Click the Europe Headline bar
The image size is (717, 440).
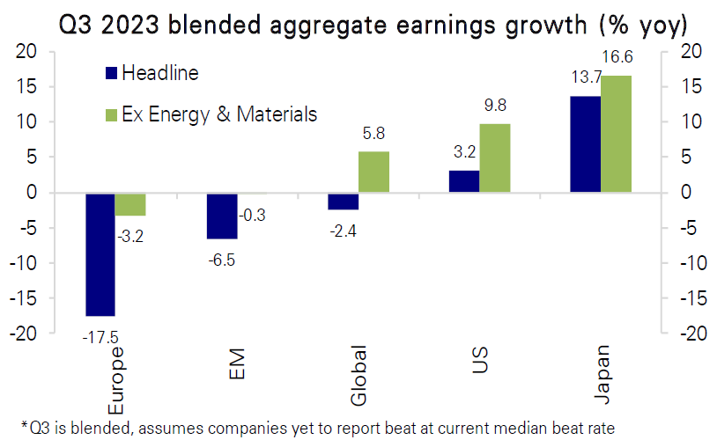pyautogui.click(x=100, y=253)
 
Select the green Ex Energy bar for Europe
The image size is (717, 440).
pyautogui.click(x=129, y=203)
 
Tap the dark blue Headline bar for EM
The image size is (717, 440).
pyautogui.click(x=221, y=215)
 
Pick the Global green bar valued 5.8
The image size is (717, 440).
pyautogui.click(x=373, y=172)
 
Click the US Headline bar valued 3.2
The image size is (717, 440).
pyautogui.click(x=464, y=181)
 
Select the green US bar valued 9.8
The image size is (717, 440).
pyautogui.click(x=494, y=158)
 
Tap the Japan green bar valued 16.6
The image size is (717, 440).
pyautogui.click(x=616, y=134)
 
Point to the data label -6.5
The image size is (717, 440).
pyautogui.click(x=219, y=259)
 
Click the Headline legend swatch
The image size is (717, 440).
pyautogui.click(x=111, y=73)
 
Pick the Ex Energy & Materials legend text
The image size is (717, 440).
pyautogui.click(x=219, y=114)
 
